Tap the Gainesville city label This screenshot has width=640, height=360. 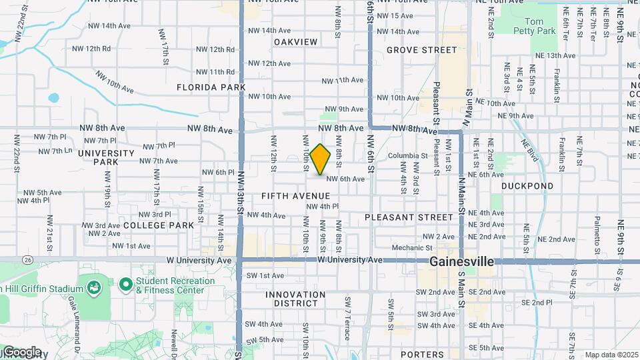click(x=461, y=261)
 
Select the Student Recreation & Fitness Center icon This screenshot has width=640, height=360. click(x=125, y=285)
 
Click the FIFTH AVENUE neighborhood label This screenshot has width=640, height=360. click(x=295, y=196)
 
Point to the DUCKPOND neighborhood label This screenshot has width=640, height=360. click(x=527, y=186)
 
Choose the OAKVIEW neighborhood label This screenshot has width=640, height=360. click(x=295, y=42)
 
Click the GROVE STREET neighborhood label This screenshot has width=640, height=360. click(x=422, y=50)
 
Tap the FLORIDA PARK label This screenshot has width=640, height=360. click(x=211, y=87)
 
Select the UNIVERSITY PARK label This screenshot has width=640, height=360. click(x=106, y=157)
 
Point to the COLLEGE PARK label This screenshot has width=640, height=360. click(x=159, y=225)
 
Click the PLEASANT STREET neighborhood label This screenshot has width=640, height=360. click(x=409, y=217)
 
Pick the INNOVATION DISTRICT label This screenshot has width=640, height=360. click(x=295, y=299)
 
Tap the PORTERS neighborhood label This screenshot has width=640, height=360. click(x=423, y=355)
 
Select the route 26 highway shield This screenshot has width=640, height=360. click(x=27, y=259)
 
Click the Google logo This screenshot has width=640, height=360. click(x=22, y=352)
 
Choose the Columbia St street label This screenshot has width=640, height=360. click(x=407, y=156)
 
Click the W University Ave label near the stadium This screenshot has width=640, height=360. click(x=199, y=260)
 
